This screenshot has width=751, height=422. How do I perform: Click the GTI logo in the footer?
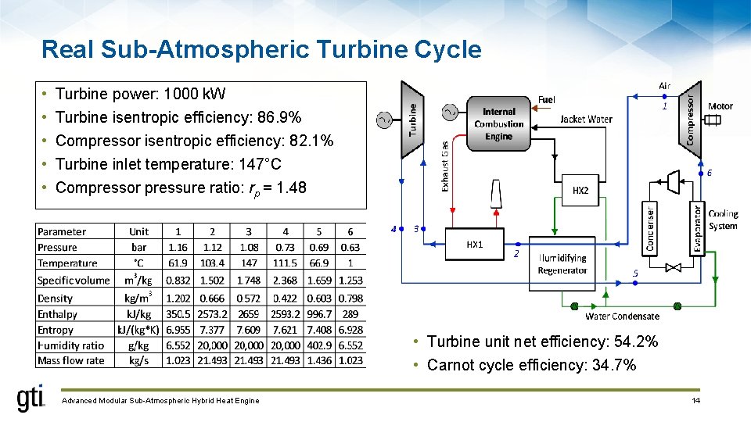31,399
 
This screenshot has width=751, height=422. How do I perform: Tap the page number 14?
695,401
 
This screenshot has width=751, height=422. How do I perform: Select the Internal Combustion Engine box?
498,123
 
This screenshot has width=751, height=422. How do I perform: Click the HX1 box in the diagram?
474,244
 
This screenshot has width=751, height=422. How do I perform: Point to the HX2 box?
580,190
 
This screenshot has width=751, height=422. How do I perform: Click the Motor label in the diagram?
720,106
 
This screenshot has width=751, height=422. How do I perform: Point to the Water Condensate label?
622,316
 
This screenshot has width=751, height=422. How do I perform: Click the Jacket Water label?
586,119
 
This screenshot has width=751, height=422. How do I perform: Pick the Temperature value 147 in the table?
249,263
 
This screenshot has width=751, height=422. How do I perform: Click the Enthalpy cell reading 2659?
249,313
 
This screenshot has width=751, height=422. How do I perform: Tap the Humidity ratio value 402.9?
318,345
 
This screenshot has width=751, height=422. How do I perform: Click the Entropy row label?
56,330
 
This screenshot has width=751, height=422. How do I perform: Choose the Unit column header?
138,231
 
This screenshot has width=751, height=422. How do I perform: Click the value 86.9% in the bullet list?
280,117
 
